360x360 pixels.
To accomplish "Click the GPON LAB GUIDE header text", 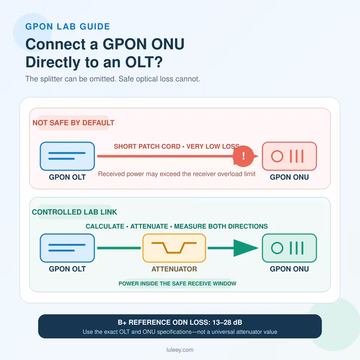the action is [68, 27].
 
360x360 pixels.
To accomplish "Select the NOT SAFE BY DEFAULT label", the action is [73, 123].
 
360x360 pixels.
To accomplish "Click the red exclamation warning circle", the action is [243, 156].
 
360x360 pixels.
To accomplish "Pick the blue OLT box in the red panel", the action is [67, 156].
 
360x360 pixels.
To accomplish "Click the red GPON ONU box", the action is [289, 156].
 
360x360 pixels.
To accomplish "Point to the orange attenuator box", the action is [174, 248].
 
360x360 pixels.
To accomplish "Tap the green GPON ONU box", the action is [289, 248].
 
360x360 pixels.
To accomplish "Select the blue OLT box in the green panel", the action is [67, 248].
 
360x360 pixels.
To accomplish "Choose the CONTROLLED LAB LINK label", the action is [75, 212].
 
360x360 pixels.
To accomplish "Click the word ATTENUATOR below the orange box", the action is [174, 269].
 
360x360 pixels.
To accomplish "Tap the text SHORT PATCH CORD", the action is [147, 147].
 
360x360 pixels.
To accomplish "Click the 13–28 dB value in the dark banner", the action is [227, 322].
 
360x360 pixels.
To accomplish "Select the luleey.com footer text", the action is [180, 350].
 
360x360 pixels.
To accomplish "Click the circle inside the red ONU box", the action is [277, 156].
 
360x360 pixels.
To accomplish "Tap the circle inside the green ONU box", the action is [277, 248].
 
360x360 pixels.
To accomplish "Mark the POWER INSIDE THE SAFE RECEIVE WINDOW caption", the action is [177, 284].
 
